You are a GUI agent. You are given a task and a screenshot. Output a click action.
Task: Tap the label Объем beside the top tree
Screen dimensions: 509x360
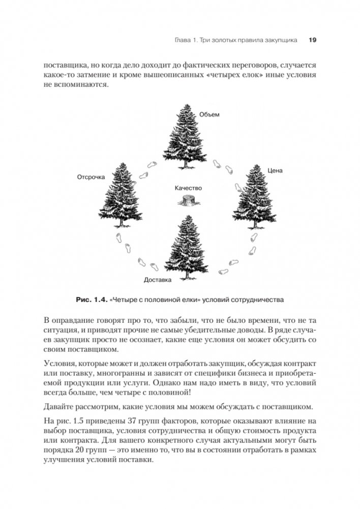209,114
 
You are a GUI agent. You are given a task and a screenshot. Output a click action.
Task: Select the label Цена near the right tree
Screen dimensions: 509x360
275,171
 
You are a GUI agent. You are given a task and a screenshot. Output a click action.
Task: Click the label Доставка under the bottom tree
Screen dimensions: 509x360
158,280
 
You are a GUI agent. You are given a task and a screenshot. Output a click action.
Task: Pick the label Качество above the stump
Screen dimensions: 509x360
188,188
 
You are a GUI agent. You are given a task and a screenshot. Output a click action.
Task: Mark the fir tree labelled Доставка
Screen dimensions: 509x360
188,246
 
